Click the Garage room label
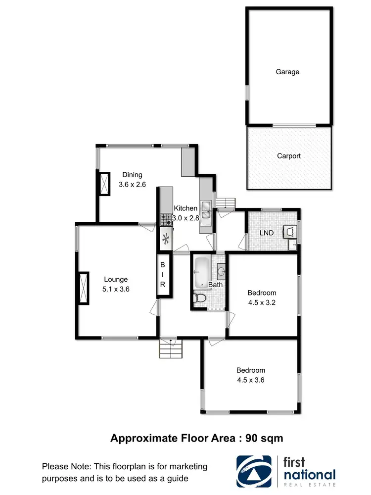(x=287, y=72)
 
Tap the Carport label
(x=289, y=156)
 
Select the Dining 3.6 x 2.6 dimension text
(x=132, y=184)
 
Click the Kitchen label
(x=186, y=208)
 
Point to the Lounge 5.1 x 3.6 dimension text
(x=116, y=290)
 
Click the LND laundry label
(x=267, y=233)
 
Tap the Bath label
(x=215, y=285)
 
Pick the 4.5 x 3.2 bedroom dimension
(x=263, y=303)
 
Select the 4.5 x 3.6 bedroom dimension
(x=251, y=380)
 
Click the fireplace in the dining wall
(x=105, y=183)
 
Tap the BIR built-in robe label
(x=163, y=275)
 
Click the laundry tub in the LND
(x=290, y=231)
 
